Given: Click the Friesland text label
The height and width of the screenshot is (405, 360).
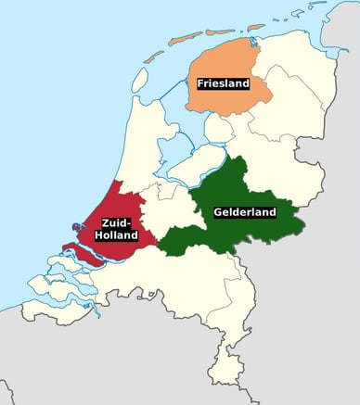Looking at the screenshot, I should click(x=224, y=83).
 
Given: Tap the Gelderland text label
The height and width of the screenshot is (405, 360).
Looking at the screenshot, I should click(x=244, y=212).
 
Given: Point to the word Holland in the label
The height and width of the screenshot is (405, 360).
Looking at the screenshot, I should click(x=116, y=235).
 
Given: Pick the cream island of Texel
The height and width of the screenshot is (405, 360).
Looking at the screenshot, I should click(x=139, y=80).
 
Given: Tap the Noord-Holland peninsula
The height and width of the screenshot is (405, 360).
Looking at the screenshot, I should click(x=139, y=148).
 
